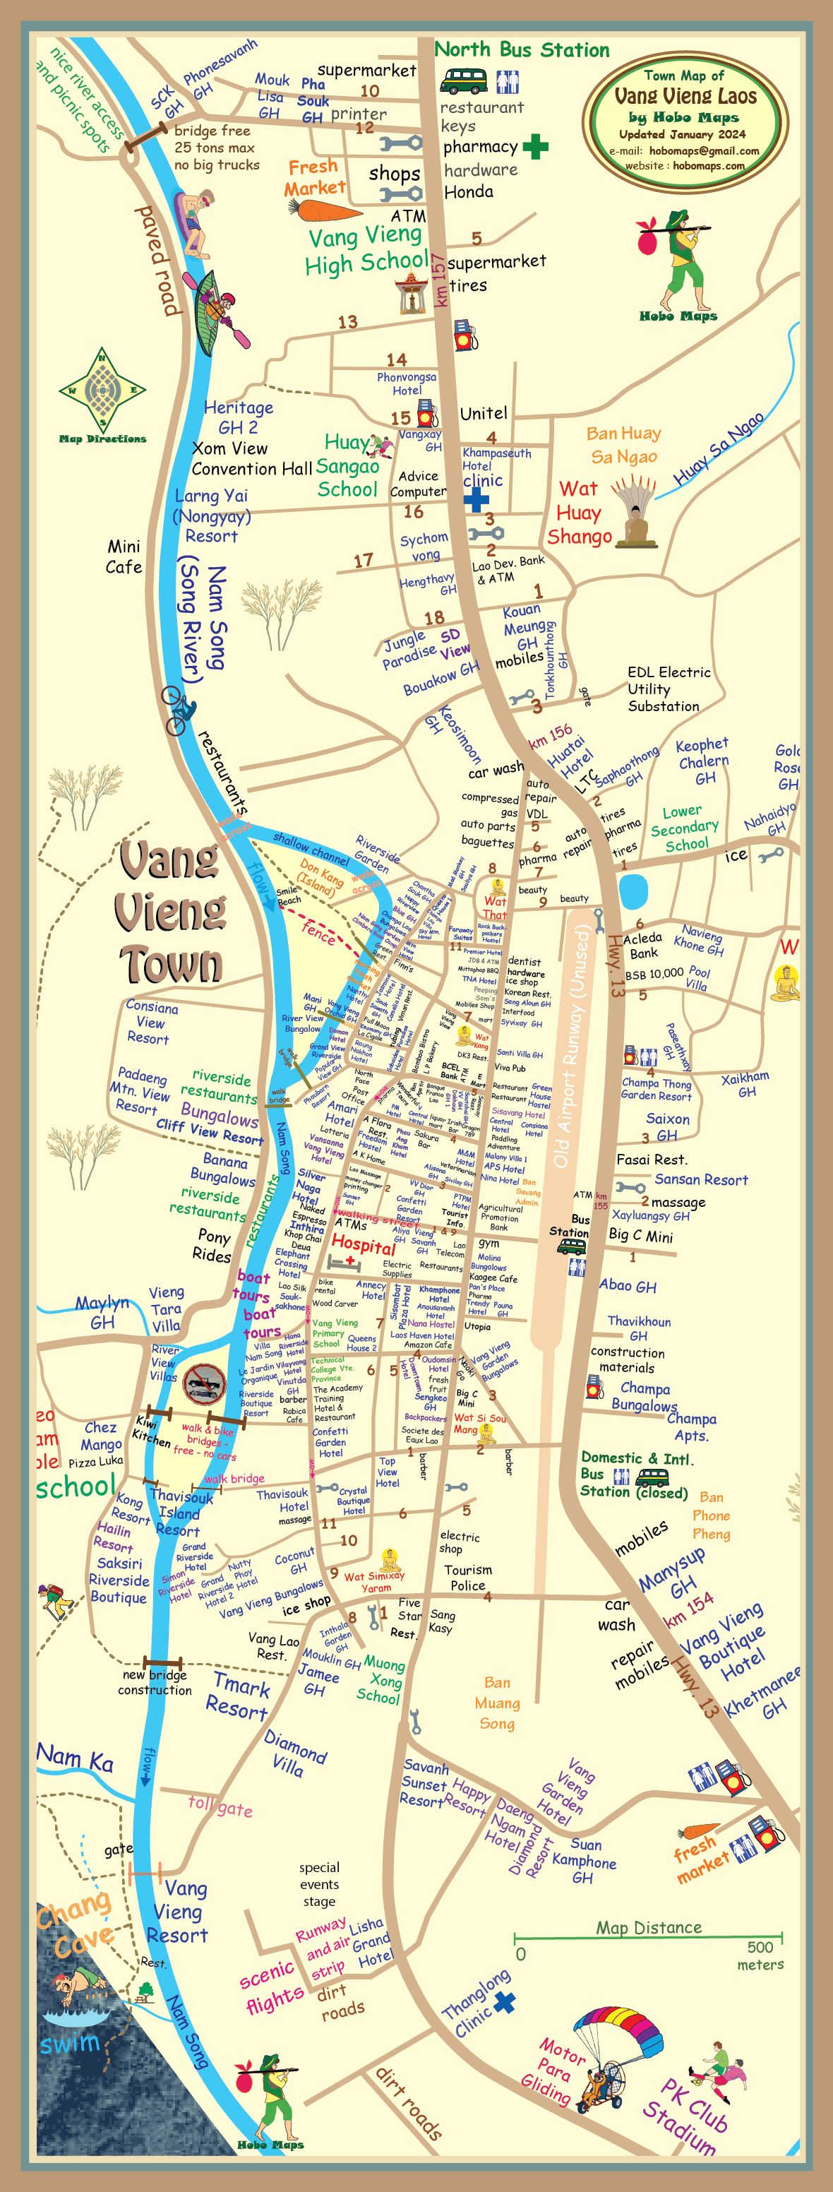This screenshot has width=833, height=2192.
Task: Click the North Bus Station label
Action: click(x=522, y=49)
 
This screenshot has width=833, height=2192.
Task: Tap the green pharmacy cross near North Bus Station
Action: click(x=535, y=147)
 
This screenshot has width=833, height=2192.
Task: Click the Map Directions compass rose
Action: click(x=103, y=391)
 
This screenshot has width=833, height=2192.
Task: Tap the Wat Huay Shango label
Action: click(x=580, y=512)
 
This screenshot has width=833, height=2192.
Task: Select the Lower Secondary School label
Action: click(x=685, y=828)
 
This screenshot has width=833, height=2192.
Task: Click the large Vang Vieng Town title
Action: click(x=170, y=912)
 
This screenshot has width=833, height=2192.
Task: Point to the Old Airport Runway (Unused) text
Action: click(x=570, y=1047)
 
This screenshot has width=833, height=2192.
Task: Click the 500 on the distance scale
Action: click(x=760, y=1947)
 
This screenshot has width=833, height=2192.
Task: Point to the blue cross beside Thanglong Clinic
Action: click(x=505, y=2002)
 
